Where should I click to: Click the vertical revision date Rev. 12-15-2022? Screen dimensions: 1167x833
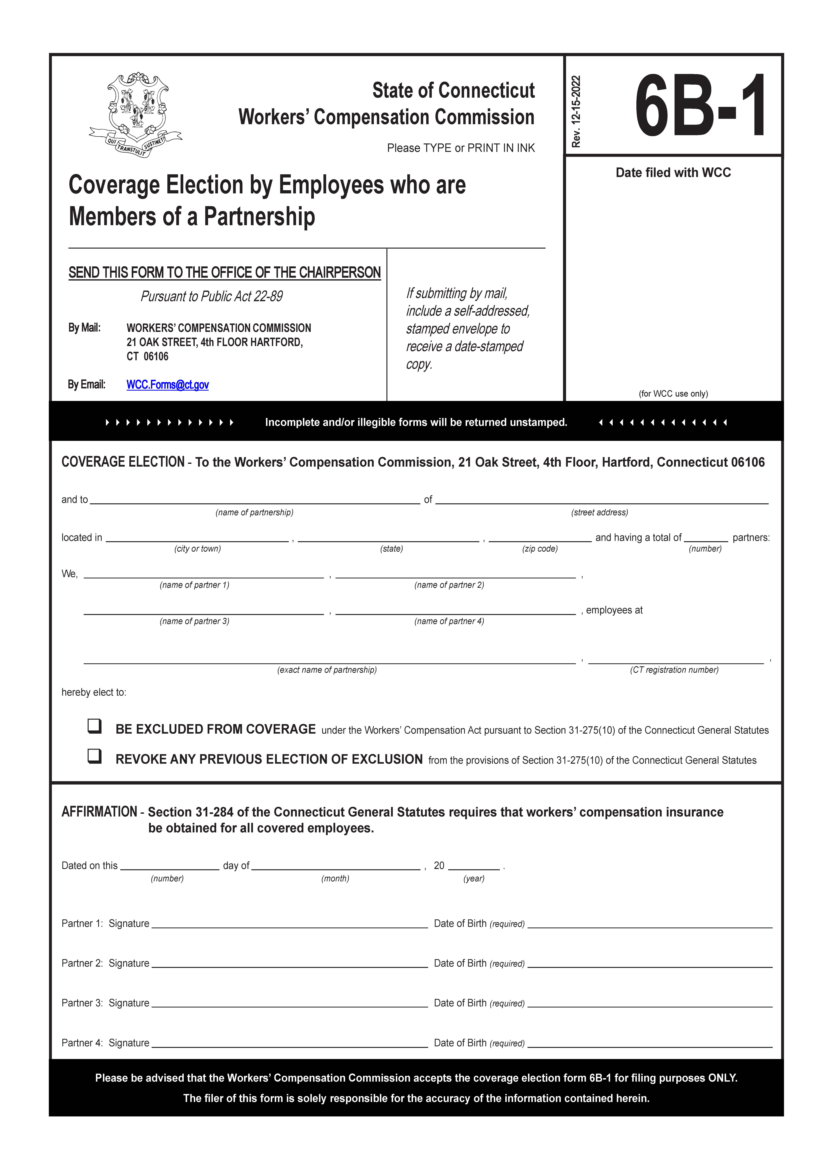click(x=577, y=112)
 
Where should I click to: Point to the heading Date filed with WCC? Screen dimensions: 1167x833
click(x=673, y=173)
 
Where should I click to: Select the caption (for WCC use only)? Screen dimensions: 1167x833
click(x=673, y=394)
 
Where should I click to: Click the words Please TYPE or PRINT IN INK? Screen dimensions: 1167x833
click(x=461, y=148)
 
